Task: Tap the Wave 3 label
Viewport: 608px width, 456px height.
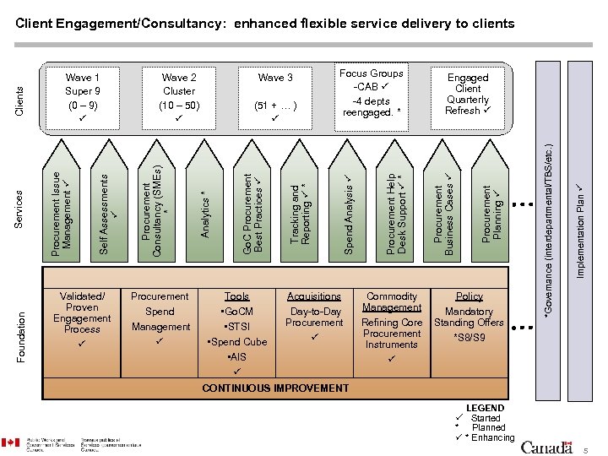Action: point(275,78)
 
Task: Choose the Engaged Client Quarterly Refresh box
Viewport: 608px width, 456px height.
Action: point(468,94)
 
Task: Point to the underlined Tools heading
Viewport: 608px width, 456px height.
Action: point(236,296)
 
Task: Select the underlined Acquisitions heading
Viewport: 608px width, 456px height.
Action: point(314,296)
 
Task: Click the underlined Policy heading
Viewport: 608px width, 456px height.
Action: point(469,296)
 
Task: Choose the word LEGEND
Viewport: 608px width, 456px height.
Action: point(485,407)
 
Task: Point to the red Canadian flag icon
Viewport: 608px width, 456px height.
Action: point(10,442)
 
